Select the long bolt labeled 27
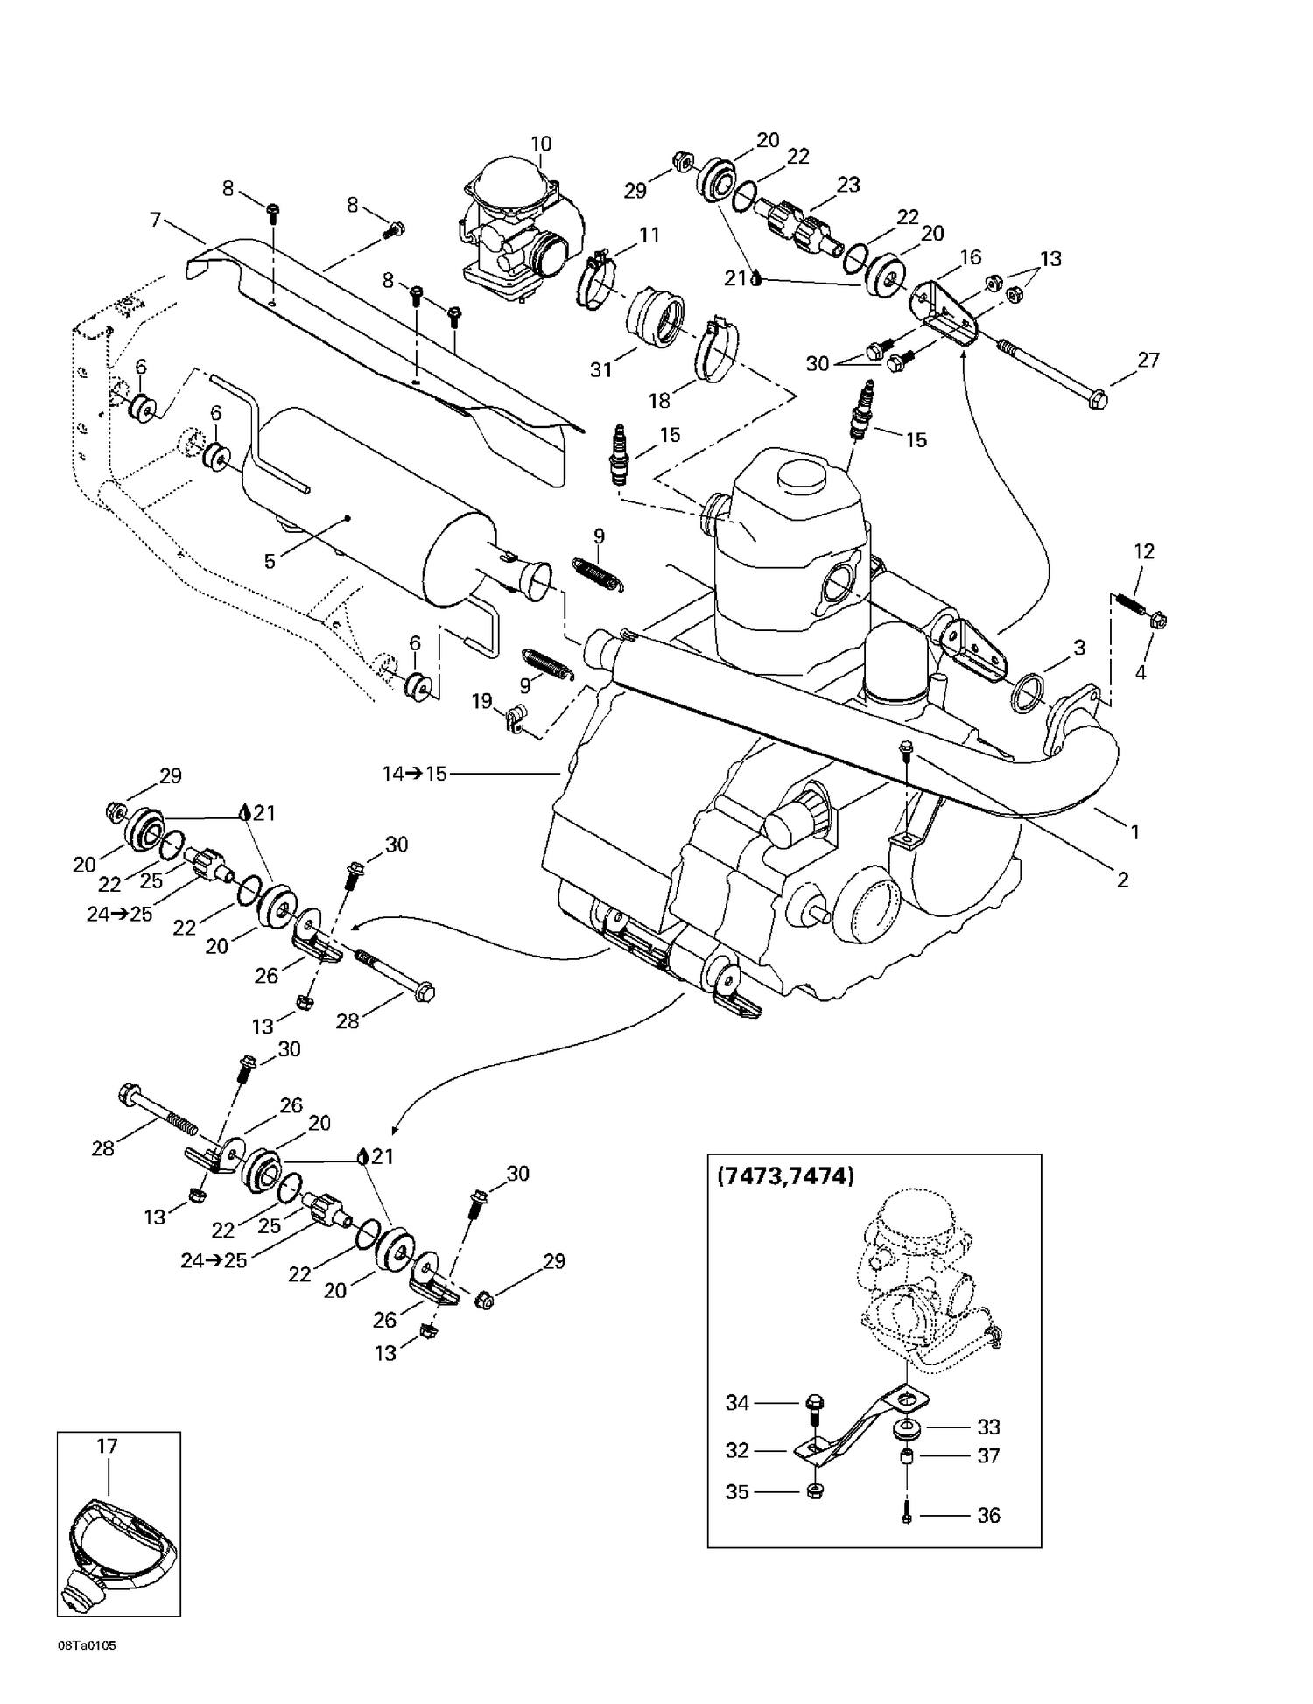(x=1050, y=373)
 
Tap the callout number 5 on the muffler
(x=270, y=561)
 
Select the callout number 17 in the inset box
(x=107, y=1446)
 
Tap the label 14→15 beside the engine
(x=414, y=774)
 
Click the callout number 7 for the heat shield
(x=157, y=219)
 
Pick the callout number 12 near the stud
(x=1144, y=550)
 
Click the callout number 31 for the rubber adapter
(x=600, y=369)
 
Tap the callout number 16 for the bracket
(x=970, y=256)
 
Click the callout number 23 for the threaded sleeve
(x=848, y=185)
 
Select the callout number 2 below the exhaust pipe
(x=1122, y=880)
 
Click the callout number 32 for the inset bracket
(x=738, y=1450)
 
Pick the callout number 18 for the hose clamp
(x=659, y=400)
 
